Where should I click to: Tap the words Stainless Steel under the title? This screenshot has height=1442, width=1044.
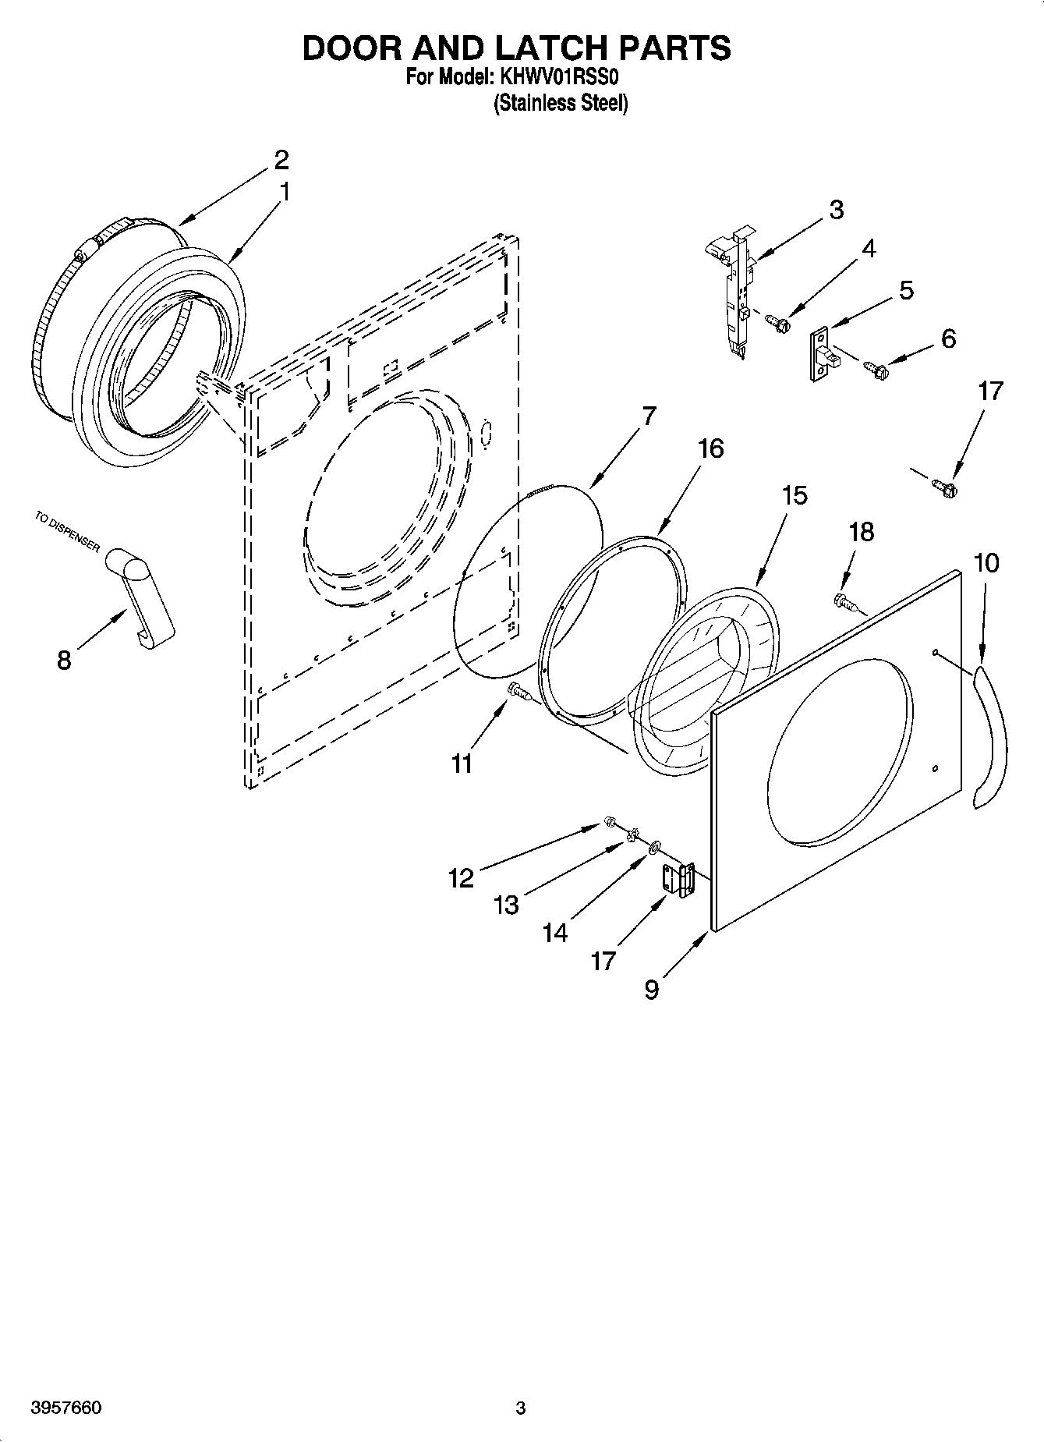[561, 104]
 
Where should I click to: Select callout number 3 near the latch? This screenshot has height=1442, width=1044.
[836, 210]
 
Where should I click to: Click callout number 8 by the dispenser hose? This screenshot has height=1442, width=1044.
[64, 661]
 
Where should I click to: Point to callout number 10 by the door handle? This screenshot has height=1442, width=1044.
[986, 562]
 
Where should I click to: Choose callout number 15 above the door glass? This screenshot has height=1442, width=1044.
[795, 495]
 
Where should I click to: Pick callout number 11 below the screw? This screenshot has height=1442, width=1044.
[462, 764]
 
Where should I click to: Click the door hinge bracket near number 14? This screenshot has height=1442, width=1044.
[678, 880]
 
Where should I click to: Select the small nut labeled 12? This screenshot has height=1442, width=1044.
[610, 821]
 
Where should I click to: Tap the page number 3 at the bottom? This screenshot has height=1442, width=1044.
[521, 1408]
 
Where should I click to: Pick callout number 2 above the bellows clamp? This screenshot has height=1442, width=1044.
[281, 160]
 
